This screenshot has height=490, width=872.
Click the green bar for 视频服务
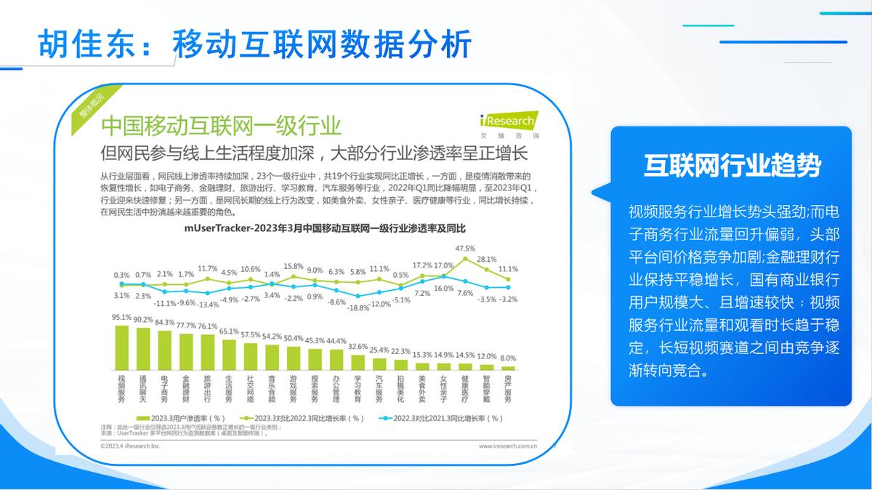122,348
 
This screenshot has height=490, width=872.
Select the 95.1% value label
121,318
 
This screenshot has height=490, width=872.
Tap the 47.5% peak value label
465,249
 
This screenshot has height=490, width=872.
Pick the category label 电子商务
165,389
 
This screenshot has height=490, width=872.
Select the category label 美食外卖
421,389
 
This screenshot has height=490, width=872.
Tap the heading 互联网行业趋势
732,166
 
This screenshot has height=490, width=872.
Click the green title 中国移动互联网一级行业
221,126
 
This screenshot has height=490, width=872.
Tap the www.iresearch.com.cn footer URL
507,445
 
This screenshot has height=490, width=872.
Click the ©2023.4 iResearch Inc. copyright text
130,445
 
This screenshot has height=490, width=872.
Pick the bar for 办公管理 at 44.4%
336,360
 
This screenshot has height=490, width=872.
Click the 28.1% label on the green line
486,259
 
